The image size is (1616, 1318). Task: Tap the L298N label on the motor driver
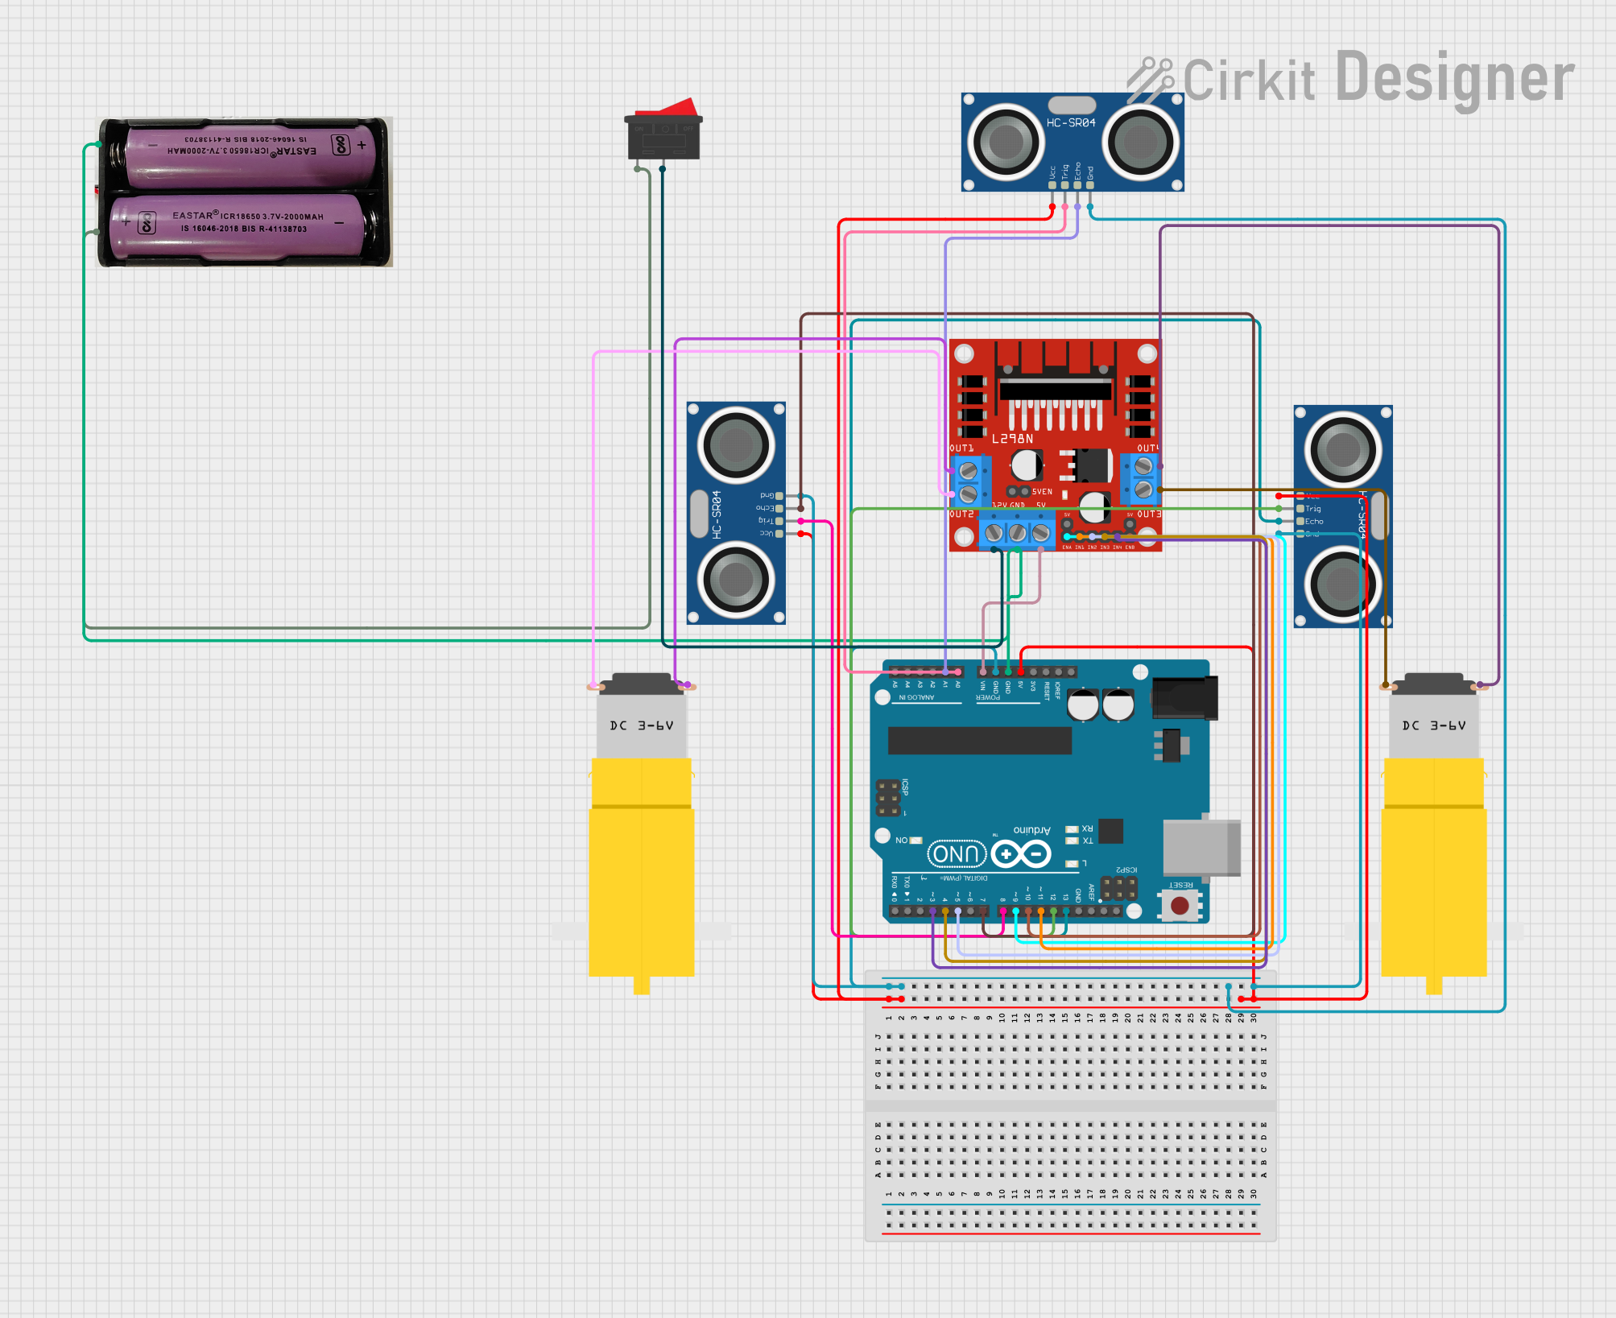[x=1012, y=439]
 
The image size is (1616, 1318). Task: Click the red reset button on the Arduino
[x=1180, y=906]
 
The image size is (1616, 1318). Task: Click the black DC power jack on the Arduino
[x=1184, y=697]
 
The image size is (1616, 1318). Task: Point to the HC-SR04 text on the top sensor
[x=1071, y=123]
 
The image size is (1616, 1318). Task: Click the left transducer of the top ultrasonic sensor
[x=1006, y=143]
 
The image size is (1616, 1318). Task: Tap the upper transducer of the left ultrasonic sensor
[x=735, y=444]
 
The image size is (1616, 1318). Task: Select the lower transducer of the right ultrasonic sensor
[x=1341, y=585]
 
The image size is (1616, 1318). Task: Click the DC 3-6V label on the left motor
[x=641, y=725]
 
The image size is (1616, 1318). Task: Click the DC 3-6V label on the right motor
[x=1433, y=725]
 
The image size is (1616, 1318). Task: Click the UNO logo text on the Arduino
[x=957, y=853]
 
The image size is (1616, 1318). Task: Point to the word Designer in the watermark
[x=1454, y=78]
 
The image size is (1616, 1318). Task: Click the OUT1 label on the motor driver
[x=961, y=448]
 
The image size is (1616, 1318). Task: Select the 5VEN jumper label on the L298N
[x=1042, y=491]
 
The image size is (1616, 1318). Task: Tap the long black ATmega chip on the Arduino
[x=979, y=740]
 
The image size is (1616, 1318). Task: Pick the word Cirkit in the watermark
[x=1248, y=81]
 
